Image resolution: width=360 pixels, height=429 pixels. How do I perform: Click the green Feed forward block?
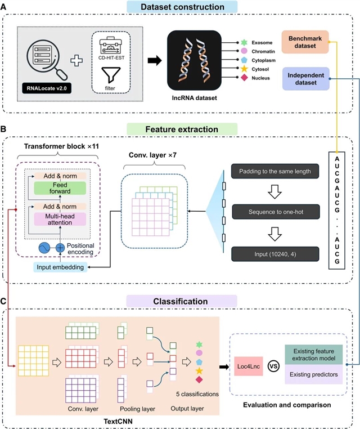[59, 188]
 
